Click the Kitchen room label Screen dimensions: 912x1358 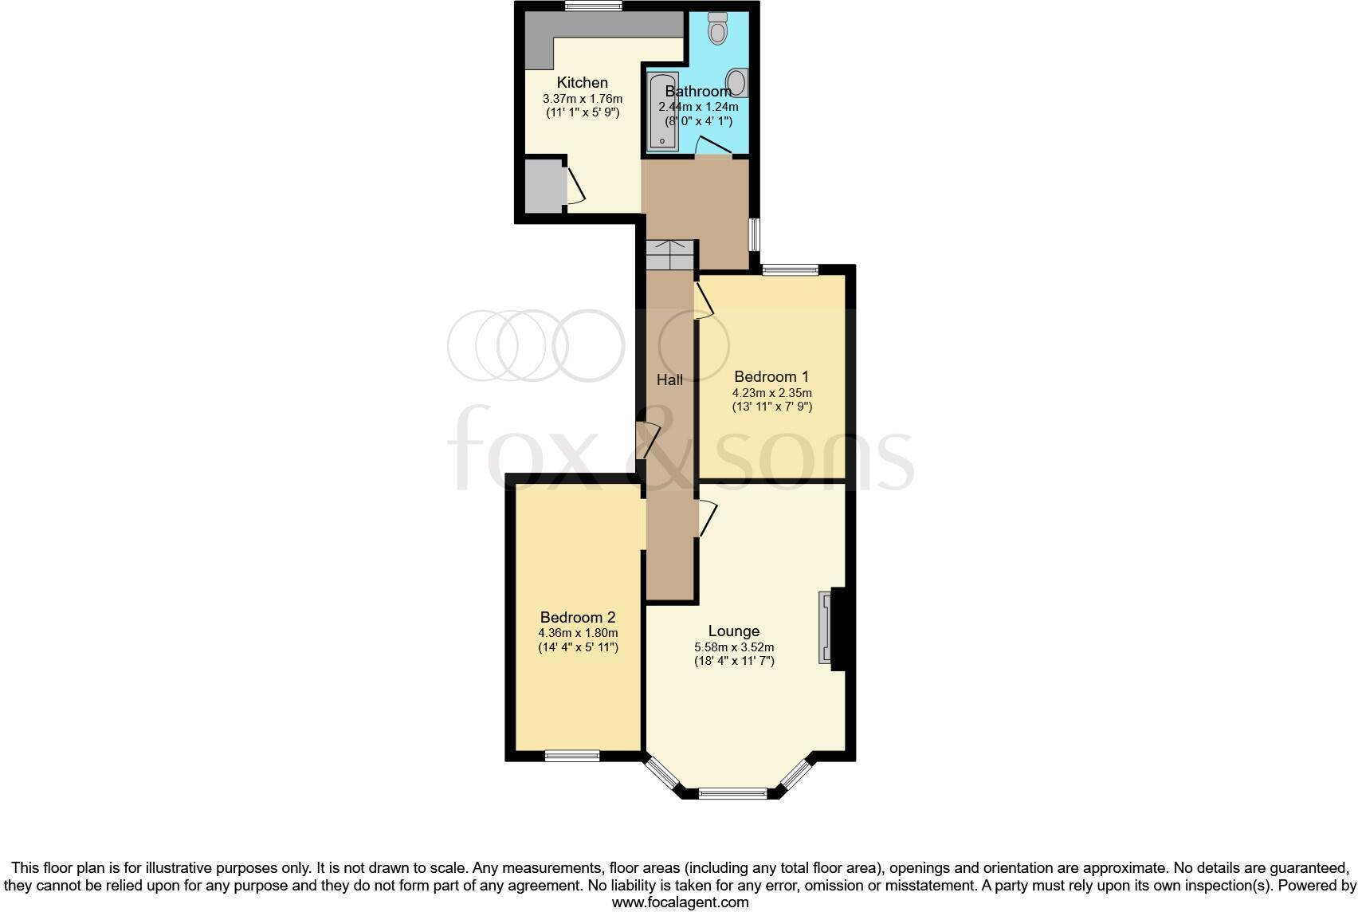coord(582,82)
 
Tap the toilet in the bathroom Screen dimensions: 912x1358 coord(718,29)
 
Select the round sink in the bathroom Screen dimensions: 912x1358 coord(737,82)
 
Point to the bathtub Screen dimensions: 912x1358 coord(662,112)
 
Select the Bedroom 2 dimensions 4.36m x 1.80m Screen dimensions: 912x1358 coord(578,633)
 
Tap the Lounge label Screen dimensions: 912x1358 coord(733,631)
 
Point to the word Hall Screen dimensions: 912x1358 coord(669,380)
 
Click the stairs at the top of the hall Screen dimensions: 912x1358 coord(670,255)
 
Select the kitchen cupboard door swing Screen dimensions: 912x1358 coord(575,187)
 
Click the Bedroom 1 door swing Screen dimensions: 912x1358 coord(704,301)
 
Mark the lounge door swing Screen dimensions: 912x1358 coord(708,518)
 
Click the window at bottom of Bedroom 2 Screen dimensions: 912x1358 coord(572,756)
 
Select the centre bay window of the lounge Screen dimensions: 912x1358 coord(733,793)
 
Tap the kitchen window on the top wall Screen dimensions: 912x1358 coord(594,6)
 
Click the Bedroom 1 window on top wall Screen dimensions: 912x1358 coord(790,270)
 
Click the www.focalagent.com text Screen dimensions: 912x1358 coord(680,902)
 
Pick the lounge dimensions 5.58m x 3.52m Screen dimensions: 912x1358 coord(733,647)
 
